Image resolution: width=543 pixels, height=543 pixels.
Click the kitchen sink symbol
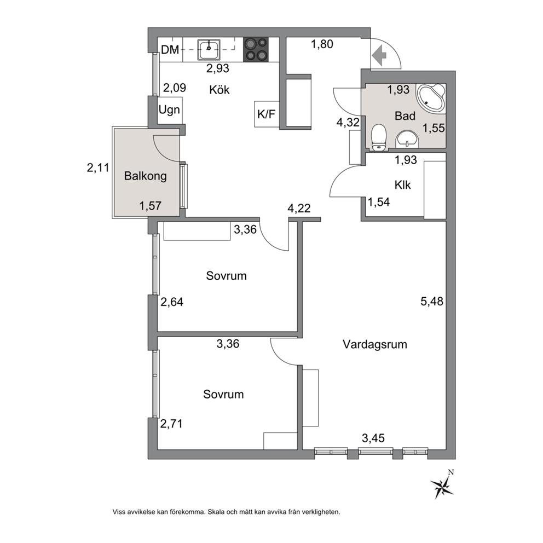209,49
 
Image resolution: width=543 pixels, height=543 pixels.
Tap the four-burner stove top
256,49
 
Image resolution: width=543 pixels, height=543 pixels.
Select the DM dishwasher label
170,50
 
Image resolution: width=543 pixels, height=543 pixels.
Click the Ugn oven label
169,110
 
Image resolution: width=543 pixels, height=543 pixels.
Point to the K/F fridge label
266,114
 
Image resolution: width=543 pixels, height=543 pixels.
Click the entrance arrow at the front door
379,55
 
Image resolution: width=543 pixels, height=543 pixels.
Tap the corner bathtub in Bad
430,98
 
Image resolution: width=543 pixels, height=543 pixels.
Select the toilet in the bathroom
378,137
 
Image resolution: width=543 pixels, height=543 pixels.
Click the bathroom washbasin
407,139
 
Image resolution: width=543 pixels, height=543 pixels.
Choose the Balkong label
146,176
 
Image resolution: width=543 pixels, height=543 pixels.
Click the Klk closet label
402,185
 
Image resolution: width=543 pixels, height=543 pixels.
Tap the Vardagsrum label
375,344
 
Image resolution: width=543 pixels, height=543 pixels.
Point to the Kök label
219,90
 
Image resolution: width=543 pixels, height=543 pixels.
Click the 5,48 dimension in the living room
432,301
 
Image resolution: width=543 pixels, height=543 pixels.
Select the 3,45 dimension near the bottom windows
373,438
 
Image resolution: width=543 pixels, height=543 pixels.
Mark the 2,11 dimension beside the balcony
98,168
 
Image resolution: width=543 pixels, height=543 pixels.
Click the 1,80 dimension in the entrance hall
322,44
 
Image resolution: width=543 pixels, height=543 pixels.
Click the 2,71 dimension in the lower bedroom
171,423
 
